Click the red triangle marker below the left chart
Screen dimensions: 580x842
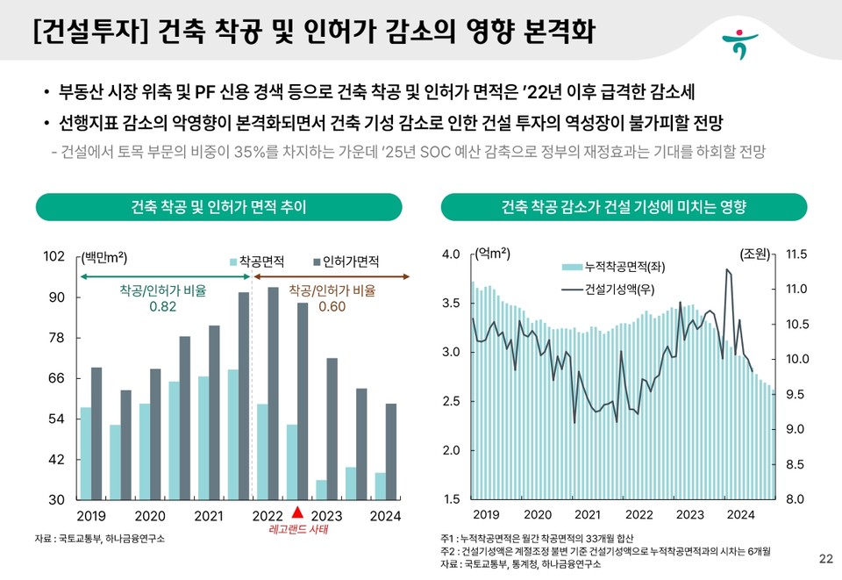click(297, 513)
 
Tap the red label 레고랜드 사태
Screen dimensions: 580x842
click(297, 530)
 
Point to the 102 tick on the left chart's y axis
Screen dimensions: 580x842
click(54, 256)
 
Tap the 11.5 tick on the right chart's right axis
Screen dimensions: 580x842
click(797, 254)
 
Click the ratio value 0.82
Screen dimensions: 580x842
click(162, 306)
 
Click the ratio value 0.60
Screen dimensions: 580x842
click(332, 306)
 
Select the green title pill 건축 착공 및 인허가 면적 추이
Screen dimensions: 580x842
click(218, 207)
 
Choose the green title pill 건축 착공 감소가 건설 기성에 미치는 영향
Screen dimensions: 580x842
click(624, 207)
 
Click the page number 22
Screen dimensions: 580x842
click(824, 558)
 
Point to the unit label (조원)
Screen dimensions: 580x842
click(755, 254)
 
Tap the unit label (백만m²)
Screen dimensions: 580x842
click(103, 257)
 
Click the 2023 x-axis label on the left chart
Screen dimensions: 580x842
click(326, 515)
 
